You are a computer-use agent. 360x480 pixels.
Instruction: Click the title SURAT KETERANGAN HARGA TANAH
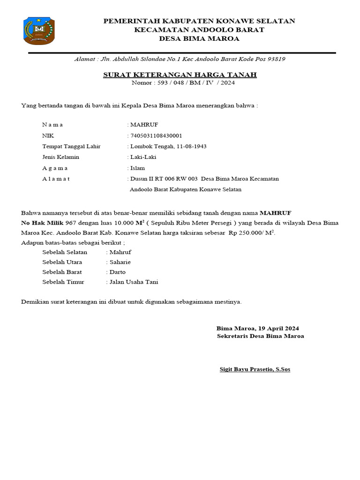pyautogui.click(x=180, y=75)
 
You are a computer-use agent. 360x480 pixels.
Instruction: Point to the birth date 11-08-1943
pyautogui.click(x=191, y=146)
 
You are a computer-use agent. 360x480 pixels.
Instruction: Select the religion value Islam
pyautogui.click(x=137, y=168)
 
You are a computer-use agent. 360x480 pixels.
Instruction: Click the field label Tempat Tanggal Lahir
pyautogui.click(x=71, y=146)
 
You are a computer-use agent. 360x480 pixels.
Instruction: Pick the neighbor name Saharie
pyautogui.click(x=120, y=262)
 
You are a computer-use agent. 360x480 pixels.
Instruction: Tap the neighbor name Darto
pyautogui.click(x=117, y=272)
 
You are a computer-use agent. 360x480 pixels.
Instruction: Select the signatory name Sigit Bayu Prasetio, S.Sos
pyautogui.click(x=255, y=369)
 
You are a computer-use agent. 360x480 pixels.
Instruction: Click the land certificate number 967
pyautogui.click(x=71, y=223)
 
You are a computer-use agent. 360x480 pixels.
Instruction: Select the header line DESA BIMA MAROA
pyautogui.click(x=199, y=38)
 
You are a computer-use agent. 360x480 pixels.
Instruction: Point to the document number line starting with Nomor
pyautogui.click(x=180, y=83)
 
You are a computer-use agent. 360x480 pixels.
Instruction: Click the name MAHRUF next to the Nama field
pyautogui.click(x=144, y=125)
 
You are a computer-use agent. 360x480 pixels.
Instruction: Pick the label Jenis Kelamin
pyautogui.click(x=61, y=157)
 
